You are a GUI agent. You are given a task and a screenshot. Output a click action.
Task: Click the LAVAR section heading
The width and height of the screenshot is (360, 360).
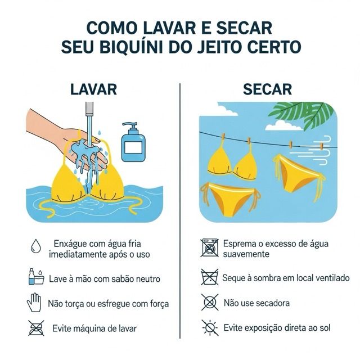pos(94,89)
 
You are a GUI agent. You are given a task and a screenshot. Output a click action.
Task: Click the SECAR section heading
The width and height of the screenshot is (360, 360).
pos(268,89)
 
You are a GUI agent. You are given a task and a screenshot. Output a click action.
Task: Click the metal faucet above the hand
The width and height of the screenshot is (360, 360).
pos(89,109)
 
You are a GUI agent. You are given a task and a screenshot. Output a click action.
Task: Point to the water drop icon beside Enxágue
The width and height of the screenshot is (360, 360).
pos(36,246)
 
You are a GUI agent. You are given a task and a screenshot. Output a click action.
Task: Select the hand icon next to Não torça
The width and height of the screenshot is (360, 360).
pos(34,302)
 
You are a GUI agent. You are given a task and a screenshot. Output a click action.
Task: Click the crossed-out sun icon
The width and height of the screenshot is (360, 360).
pos(210,327)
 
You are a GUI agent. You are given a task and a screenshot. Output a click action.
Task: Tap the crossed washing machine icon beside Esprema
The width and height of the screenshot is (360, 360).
pos(209,247)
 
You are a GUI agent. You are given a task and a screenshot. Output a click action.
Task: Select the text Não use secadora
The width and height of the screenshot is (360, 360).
pos(256,303)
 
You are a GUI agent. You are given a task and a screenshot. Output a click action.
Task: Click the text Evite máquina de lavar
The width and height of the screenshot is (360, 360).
pos(94,328)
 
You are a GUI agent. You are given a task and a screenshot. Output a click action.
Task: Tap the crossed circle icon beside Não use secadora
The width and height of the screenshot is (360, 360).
pos(210,302)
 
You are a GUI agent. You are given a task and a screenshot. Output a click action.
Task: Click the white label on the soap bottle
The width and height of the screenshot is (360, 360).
pos(133,147)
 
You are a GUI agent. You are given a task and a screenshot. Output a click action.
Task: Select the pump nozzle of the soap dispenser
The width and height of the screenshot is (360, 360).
pos(130,125)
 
